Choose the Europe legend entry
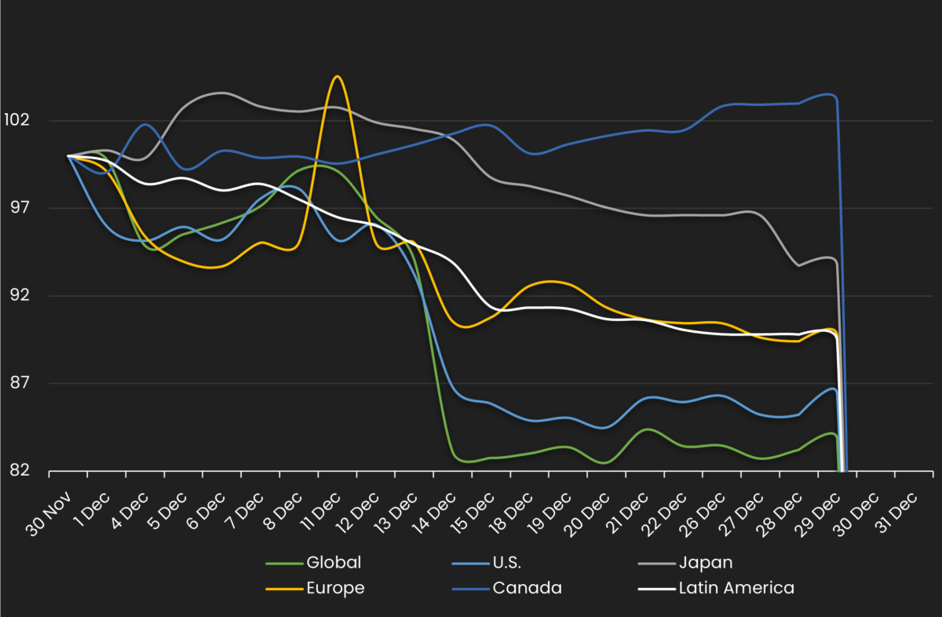[x=335, y=588]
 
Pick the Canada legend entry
[x=527, y=588]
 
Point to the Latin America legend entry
[x=736, y=588]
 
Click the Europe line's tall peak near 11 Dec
[x=337, y=76]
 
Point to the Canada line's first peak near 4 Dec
[x=146, y=124]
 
